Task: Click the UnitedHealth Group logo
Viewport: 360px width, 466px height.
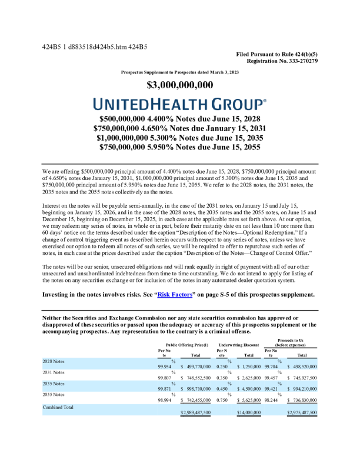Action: click(179, 105)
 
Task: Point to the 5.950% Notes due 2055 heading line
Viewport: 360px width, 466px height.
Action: click(179, 148)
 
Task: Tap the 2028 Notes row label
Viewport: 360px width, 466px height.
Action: click(54, 360)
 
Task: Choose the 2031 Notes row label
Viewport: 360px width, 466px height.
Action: click(54, 372)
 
